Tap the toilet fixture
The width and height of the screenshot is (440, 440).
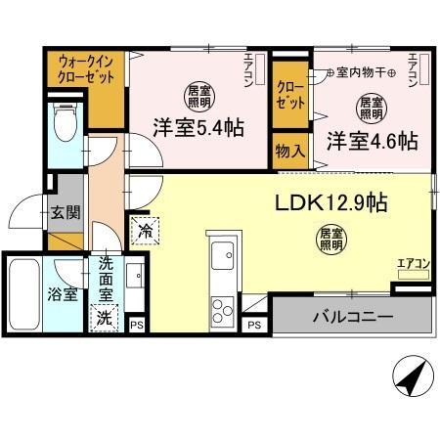[x=66, y=124]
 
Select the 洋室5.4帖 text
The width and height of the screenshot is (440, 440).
[x=198, y=128]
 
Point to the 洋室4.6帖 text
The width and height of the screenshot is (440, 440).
[x=372, y=139]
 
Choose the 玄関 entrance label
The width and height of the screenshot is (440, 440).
[x=66, y=214]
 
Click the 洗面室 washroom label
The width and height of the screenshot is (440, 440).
[x=105, y=276]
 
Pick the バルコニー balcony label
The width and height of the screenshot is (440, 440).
[x=352, y=317]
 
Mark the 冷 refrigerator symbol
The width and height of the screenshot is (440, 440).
[x=145, y=232]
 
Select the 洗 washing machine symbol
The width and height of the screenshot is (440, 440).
[x=103, y=317]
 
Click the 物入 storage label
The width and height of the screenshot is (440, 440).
[x=289, y=153]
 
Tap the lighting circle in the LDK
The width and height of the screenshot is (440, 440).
[x=330, y=238]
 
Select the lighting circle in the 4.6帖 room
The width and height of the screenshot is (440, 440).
[x=370, y=105]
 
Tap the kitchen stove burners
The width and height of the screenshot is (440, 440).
[x=223, y=309]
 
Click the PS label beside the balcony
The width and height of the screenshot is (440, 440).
[x=253, y=325]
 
